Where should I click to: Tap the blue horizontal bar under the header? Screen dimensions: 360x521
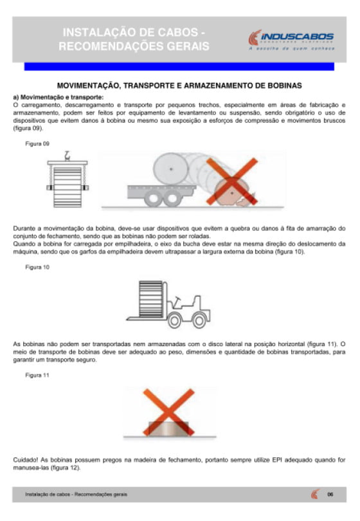point(179,66)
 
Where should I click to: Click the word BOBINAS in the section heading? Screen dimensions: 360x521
point(285,86)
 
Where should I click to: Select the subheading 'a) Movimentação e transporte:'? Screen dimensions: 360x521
point(58,97)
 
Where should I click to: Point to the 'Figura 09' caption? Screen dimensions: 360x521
point(37,143)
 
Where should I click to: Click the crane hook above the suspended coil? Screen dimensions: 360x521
point(67,156)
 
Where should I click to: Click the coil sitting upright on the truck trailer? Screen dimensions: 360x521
point(171,169)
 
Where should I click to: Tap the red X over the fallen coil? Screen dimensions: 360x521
point(232,181)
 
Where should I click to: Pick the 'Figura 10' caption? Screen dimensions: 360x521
point(37,267)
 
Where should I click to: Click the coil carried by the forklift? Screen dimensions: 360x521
point(151,298)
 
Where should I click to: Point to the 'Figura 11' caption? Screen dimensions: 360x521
point(37,375)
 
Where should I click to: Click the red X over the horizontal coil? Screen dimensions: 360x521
point(168,412)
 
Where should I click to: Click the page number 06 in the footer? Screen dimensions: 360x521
point(330,495)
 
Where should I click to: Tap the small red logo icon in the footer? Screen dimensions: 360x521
point(315,494)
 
